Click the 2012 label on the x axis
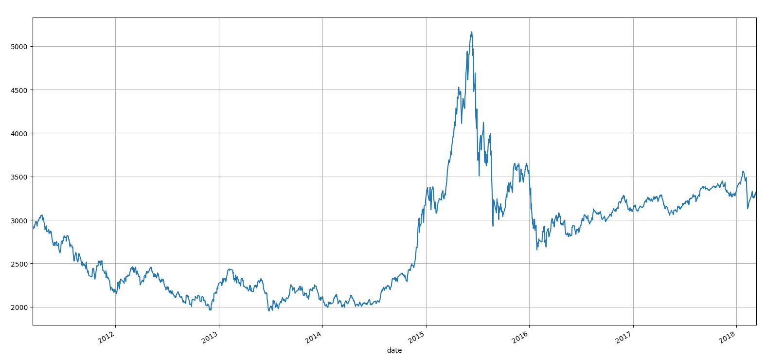107,337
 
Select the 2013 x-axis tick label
211,337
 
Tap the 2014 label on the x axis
314,337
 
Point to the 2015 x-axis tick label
418,337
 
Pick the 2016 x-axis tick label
521,337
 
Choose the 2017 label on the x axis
625,337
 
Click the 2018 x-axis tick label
729,337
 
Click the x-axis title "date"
394,350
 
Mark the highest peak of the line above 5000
472,32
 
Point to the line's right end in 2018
756,192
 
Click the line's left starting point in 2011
33,228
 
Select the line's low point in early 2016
537,250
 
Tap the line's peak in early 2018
743,171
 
